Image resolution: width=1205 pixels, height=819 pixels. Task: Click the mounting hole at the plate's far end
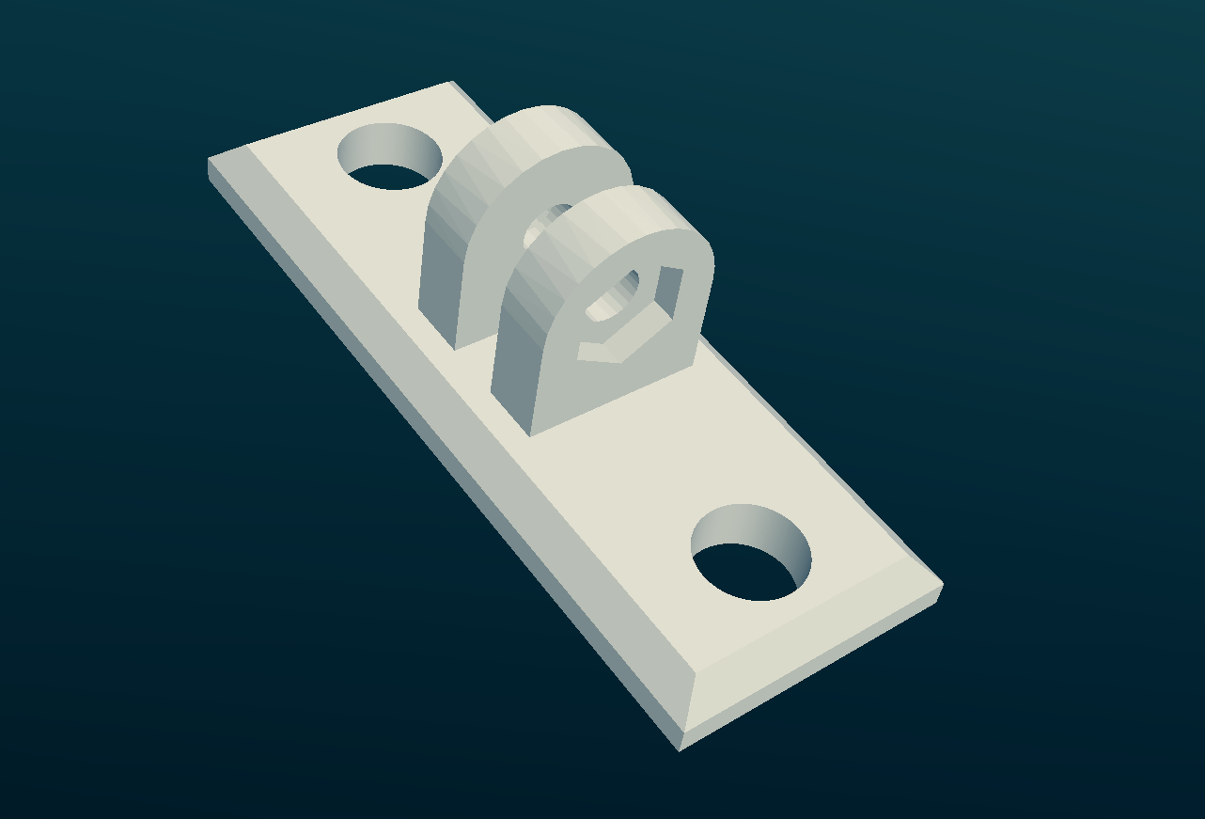coord(389,157)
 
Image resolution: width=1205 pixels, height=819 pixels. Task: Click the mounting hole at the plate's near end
coord(750,555)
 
